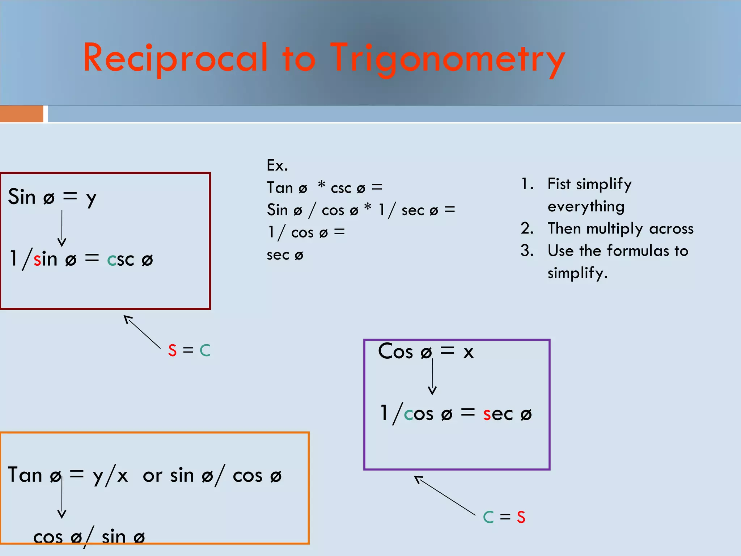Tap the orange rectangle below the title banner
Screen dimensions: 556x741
21,114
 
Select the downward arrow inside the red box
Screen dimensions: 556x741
62,228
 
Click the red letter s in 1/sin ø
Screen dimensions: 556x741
37,260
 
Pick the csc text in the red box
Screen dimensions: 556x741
120,260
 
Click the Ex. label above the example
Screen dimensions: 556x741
277,165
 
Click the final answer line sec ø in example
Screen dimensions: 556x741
285,255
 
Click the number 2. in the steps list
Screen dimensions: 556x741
527,228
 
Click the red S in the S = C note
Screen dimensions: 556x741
172,350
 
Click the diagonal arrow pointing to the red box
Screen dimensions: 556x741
142,331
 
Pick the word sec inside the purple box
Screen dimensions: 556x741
498,414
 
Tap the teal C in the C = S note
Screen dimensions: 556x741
488,517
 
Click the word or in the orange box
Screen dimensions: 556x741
152,476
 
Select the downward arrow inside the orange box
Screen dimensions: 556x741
62,498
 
